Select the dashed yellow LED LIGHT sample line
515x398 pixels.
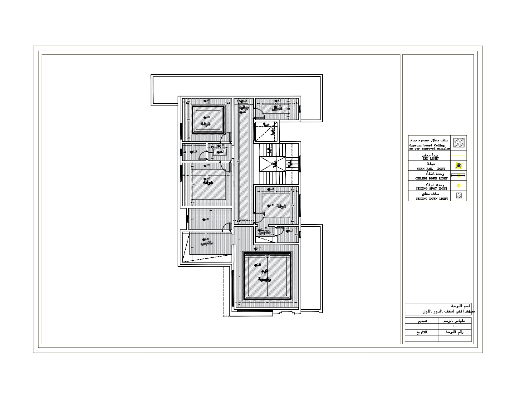pos(459,156)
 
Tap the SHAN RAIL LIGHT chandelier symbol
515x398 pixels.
pos(459,165)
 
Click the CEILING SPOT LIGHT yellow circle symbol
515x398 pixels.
pos(459,186)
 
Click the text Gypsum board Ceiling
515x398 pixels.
pos(427,145)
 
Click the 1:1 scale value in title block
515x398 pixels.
pos(455,326)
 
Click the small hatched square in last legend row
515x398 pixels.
pos(459,196)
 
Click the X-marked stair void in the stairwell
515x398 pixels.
pos(272,164)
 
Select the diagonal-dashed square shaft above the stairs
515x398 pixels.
pos(266,131)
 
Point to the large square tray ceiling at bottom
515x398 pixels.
pos(267,276)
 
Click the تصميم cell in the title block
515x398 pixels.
pos(422,321)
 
